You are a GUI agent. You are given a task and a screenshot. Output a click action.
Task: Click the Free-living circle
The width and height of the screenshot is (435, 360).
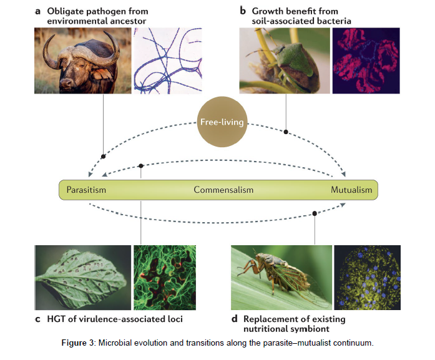222,122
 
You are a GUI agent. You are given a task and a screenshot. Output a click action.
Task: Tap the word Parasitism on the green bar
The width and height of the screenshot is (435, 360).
86,190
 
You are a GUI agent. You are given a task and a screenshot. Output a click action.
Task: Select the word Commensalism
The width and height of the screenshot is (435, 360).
223,190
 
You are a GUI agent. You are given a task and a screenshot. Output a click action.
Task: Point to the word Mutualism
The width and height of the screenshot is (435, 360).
351,190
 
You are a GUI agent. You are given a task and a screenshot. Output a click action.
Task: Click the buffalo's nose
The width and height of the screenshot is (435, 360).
67,82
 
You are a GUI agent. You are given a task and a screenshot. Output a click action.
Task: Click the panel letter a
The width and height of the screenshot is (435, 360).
37,12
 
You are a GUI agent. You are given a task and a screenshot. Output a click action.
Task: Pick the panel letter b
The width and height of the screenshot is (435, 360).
243,11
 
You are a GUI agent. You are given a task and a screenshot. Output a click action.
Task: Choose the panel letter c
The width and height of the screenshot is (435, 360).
37,319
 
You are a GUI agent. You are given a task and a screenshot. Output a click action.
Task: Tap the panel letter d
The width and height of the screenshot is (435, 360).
235,319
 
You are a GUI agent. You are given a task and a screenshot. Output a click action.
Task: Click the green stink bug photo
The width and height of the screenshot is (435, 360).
285,61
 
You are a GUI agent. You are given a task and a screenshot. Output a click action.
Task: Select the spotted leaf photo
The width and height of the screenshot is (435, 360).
82,278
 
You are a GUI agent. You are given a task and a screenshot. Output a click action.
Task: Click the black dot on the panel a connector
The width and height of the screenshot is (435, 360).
103,157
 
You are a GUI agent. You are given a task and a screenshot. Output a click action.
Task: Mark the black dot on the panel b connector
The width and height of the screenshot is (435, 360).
286,132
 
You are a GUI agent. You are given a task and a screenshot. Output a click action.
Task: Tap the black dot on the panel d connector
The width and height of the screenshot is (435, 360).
315,213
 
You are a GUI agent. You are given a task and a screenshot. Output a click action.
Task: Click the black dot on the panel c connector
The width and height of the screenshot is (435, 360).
141,166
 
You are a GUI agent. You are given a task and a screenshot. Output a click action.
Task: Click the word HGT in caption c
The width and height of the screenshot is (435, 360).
56,319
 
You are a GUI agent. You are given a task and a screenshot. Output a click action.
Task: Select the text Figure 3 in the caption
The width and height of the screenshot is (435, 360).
78,343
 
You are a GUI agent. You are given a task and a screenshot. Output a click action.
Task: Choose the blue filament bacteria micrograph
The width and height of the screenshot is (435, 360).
168,61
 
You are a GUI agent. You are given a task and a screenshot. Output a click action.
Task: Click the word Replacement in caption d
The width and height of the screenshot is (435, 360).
268,319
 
